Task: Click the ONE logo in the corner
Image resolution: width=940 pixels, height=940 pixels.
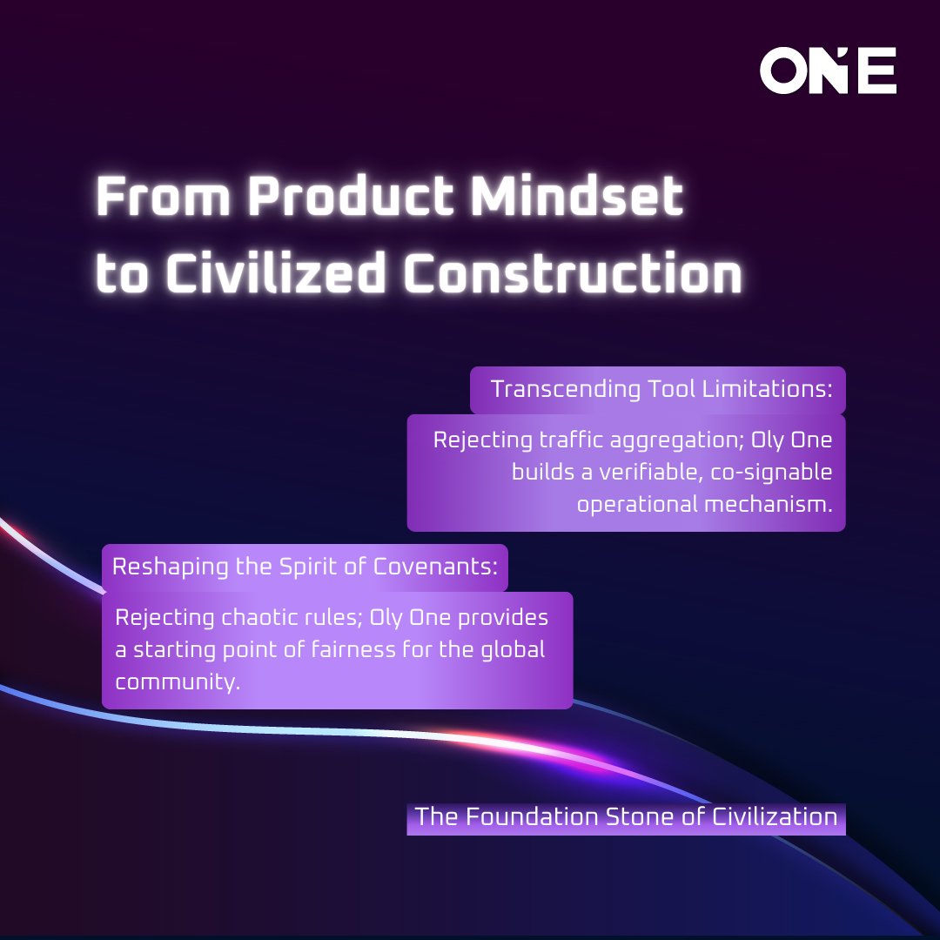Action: pos(828,71)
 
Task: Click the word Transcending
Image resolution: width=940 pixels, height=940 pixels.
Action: pos(567,389)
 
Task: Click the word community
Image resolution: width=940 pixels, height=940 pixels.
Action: pos(177,682)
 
